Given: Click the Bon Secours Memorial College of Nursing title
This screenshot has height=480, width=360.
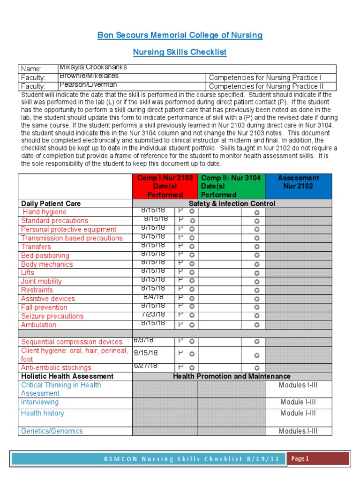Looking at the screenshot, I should (x=180, y=35).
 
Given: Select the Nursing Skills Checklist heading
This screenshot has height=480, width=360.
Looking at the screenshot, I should (x=180, y=52).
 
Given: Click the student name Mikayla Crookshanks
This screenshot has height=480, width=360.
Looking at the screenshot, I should (x=93, y=67).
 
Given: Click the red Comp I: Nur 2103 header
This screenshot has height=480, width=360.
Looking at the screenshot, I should (x=165, y=186).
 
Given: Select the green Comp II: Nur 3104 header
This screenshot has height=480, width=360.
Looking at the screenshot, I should (x=231, y=186).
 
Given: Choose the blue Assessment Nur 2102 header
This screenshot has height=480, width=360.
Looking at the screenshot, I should (x=298, y=182).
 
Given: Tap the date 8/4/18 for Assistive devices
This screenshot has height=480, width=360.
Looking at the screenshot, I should (x=153, y=297).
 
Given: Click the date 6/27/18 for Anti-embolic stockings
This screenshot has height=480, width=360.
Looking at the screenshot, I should (x=145, y=366).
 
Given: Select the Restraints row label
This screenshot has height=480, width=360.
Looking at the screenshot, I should (x=37, y=290).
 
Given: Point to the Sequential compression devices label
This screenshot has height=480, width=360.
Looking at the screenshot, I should (x=71, y=342).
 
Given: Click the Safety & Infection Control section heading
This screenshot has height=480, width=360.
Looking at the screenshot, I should (x=232, y=203).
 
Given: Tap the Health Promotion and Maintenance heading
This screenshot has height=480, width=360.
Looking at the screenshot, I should (x=232, y=376).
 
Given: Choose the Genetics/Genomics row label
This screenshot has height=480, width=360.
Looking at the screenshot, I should (x=52, y=431).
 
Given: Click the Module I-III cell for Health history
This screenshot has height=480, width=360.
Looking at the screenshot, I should (x=298, y=413).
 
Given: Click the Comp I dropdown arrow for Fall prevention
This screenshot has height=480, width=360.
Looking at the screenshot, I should (x=192, y=307).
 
